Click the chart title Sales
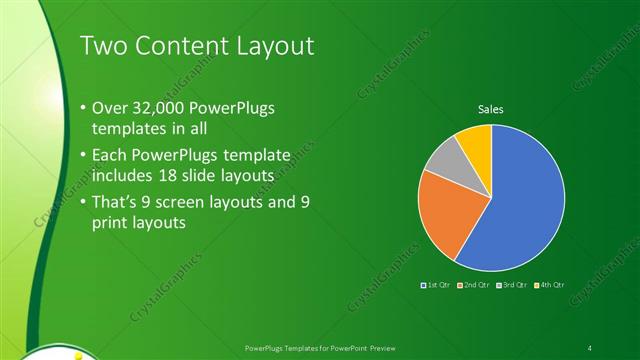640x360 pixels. click(x=490, y=109)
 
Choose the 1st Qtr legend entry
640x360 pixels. click(x=437, y=287)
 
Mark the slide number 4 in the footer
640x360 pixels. click(x=590, y=347)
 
